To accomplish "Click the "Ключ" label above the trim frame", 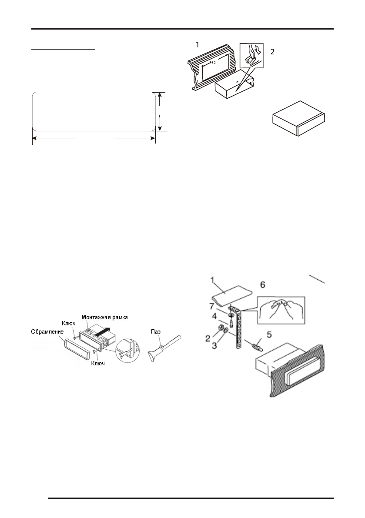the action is (70, 324).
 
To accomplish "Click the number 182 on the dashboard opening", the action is (212, 63).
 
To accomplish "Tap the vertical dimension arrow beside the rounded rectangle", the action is (160, 111).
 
